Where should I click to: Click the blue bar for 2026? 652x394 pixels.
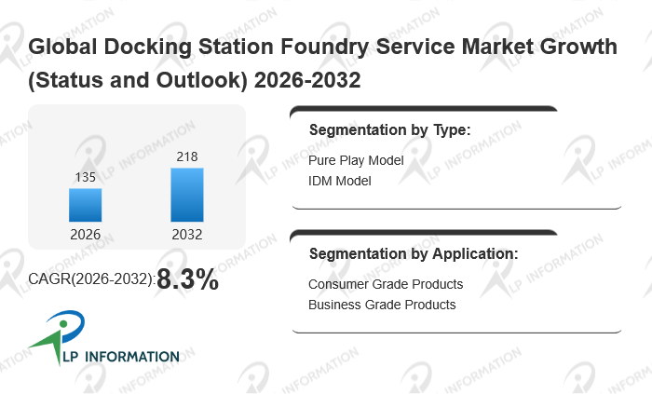(85, 205)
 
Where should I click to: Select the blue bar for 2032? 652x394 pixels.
(186, 195)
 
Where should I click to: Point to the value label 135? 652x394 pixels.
(85, 177)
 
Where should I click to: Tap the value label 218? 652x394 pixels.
(186, 156)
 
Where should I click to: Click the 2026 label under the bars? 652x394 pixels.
(85, 235)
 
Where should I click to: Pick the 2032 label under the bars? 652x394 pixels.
(186, 235)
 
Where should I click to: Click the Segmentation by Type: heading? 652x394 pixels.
(389, 130)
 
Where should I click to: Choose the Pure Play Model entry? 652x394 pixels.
(356, 160)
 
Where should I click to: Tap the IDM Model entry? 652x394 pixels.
(340, 181)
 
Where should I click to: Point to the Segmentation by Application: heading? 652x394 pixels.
(414, 253)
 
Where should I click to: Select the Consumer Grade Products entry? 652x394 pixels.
(386, 284)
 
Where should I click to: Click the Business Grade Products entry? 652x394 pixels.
(382, 305)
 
